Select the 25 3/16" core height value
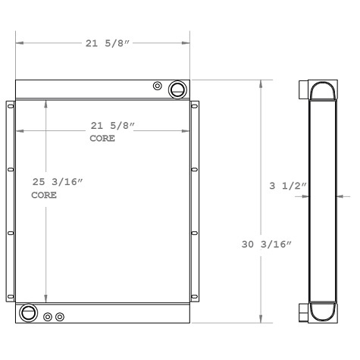click(x=56, y=182)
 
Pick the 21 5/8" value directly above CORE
click(x=112, y=125)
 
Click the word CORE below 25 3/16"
click(x=43, y=196)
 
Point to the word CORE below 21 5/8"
click(x=102, y=139)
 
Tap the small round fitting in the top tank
click(x=158, y=85)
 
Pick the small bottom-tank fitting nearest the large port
click(x=48, y=317)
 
